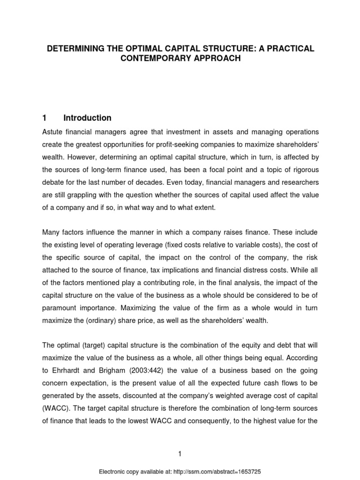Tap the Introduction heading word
pyautogui.click(x=87, y=118)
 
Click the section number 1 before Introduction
pyautogui.click(x=45, y=118)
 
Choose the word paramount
pyautogui.click(x=62, y=309)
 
